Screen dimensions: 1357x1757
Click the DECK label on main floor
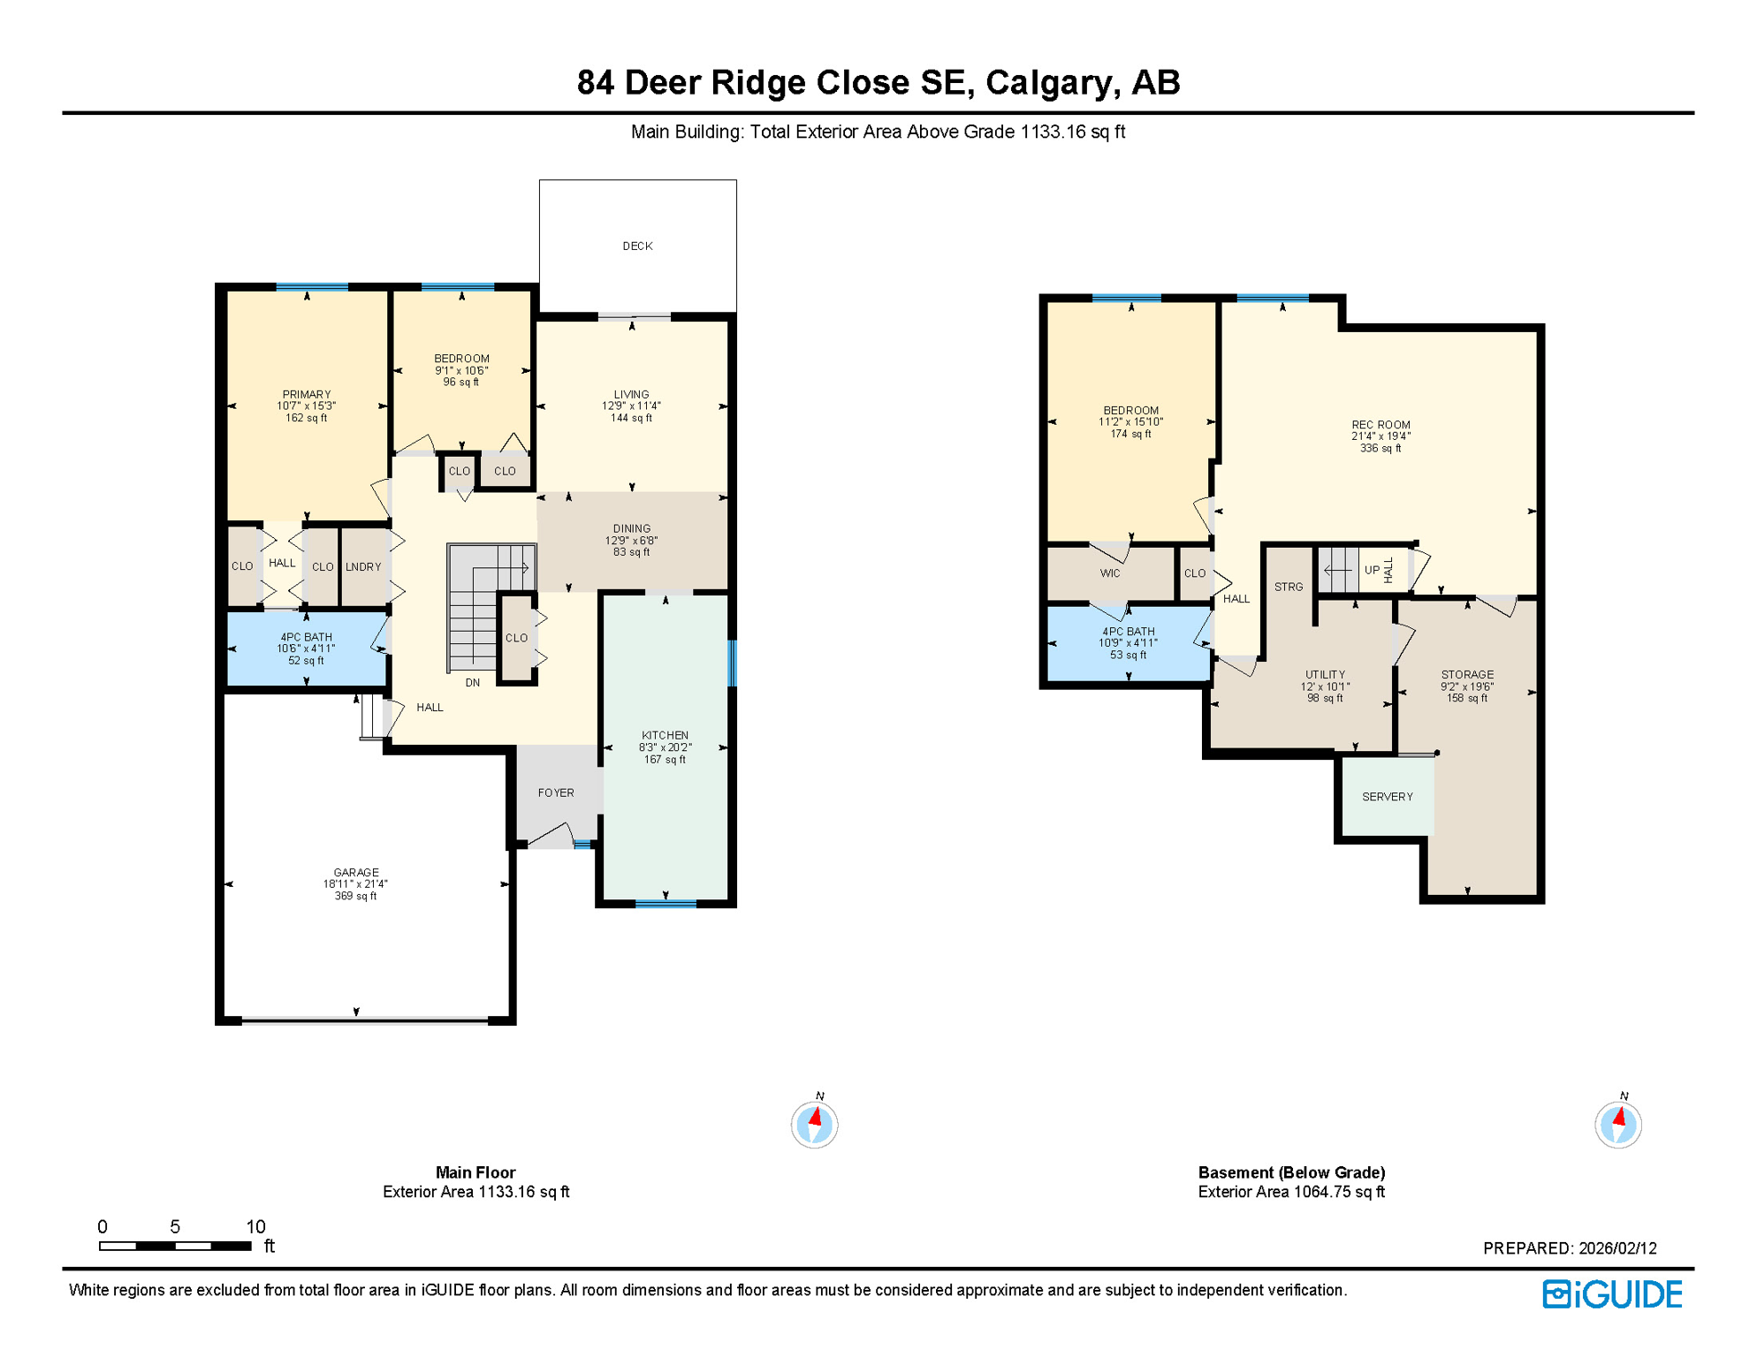point(637,246)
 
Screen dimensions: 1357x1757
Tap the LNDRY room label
point(363,567)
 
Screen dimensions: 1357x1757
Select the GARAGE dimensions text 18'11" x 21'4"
point(355,884)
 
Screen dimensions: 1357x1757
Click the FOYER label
point(556,793)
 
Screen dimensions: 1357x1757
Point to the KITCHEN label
point(665,736)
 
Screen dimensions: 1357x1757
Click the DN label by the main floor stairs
point(473,683)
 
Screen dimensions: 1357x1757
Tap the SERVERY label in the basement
point(1387,797)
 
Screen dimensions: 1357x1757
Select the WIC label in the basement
point(1110,574)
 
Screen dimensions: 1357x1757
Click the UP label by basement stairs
point(1372,571)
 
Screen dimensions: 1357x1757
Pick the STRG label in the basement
point(1289,588)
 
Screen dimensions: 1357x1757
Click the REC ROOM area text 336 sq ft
point(1380,449)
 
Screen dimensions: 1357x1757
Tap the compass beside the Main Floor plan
point(814,1125)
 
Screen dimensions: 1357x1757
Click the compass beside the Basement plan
point(1617,1125)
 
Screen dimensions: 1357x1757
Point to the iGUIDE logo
point(1612,1294)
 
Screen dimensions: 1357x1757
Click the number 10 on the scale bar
point(255,1227)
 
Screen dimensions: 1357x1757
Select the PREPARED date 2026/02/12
point(1617,1248)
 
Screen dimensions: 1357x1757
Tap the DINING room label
point(631,529)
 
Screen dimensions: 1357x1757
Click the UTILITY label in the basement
point(1325,675)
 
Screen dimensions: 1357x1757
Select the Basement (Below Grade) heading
point(1290,1173)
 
